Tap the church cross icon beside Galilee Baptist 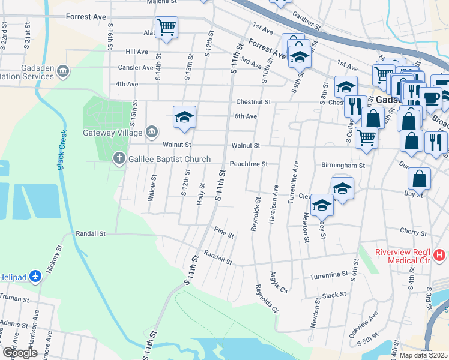click(x=119, y=158)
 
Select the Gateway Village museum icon click(x=151, y=132)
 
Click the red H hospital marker click(x=439, y=256)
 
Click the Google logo click(x=20, y=353)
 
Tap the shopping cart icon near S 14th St click(x=166, y=26)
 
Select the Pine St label click(x=223, y=232)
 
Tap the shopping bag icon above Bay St click(x=419, y=178)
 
